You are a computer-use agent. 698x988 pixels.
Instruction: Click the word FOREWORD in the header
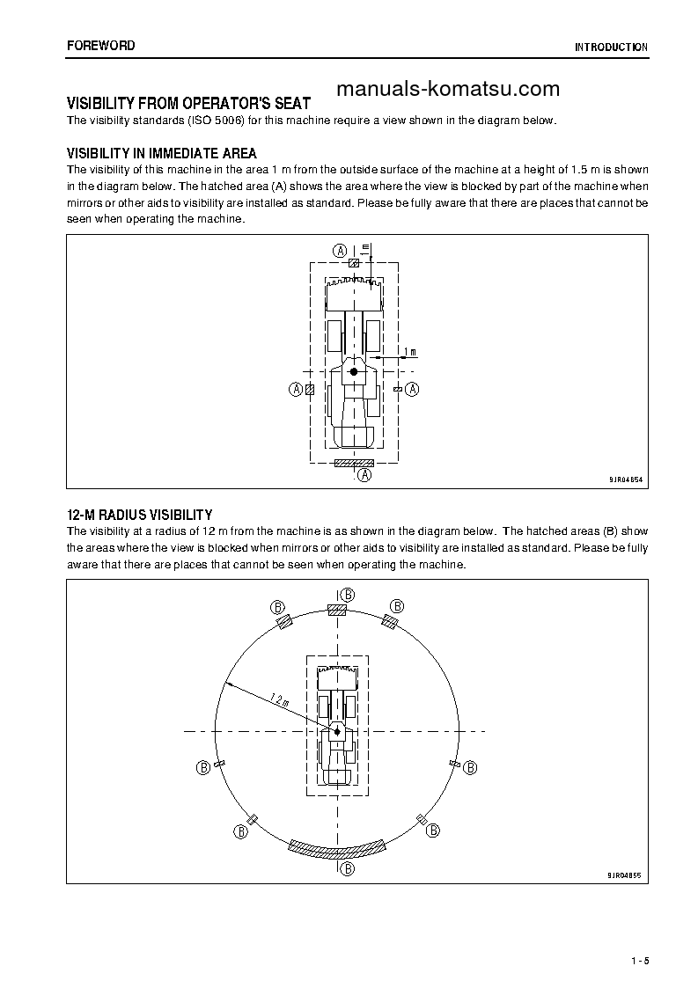pyautogui.click(x=101, y=46)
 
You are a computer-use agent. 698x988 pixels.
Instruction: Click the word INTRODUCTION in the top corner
pyautogui.click(x=612, y=48)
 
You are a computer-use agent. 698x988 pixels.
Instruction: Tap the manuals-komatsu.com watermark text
pyautogui.click(x=447, y=89)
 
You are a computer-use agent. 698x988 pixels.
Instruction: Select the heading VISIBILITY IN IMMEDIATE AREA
pyautogui.click(x=162, y=154)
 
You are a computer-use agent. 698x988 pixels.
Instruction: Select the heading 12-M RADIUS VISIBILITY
pyautogui.click(x=140, y=515)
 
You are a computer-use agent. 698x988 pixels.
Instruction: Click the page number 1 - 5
pyautogui.click(x=640, y=961)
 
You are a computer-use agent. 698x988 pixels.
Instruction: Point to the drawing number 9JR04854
pyautogui.click(x=625, y=480)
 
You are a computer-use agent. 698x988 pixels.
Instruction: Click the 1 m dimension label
pyautogui.click(x=409, y=352)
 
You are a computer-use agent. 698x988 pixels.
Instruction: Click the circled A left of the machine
pyautogui.click(x=296, y=389)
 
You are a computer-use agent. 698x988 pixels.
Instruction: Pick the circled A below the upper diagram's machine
pyautogui.click(x=364, y=475)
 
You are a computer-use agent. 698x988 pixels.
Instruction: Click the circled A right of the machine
pyautogui.click(x=411, y=389)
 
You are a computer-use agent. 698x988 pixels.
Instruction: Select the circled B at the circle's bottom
pyautogui.click(x=348, y=868)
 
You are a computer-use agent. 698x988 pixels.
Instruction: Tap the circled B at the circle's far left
pyautogui.click(x=203, y=766)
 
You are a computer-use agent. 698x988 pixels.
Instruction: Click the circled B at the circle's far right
pyautogui.click(x=472, y=766)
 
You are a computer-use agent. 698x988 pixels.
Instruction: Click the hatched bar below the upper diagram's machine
pyautogui.click(x=354, y=463)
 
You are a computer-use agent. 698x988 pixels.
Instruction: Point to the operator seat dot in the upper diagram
pyautogui.click(x=354, y=372)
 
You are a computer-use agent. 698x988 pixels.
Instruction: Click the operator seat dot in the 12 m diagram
pyautogui.click(x=337, y=729)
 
